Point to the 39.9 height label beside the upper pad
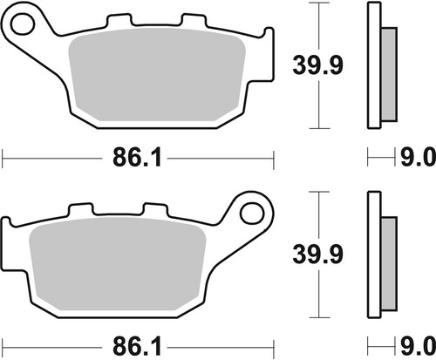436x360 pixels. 312,64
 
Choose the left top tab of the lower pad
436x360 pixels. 80,210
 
